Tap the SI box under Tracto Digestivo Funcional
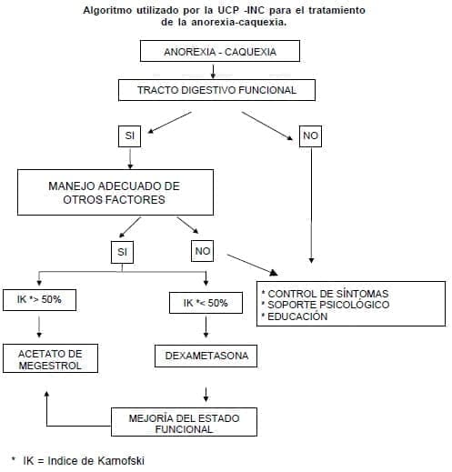(131, 136)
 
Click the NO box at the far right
(311, 136)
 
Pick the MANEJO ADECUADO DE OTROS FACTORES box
(114, 193)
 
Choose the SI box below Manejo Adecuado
(122, 250)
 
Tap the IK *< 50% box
(206, 303)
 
